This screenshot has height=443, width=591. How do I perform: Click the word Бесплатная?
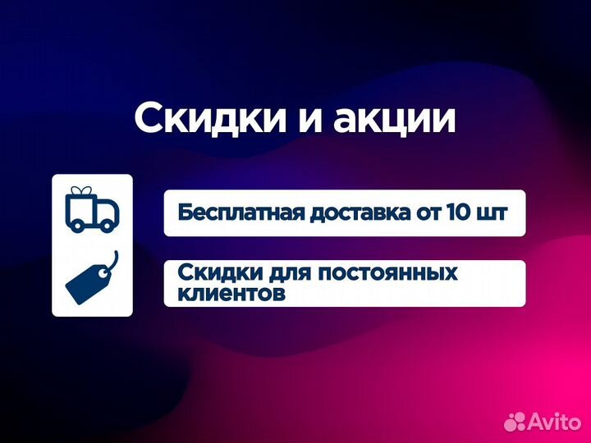pyautogui.click(x=238, y=212)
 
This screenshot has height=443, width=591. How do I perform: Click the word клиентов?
pyautogui.click(x=231, y=293)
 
